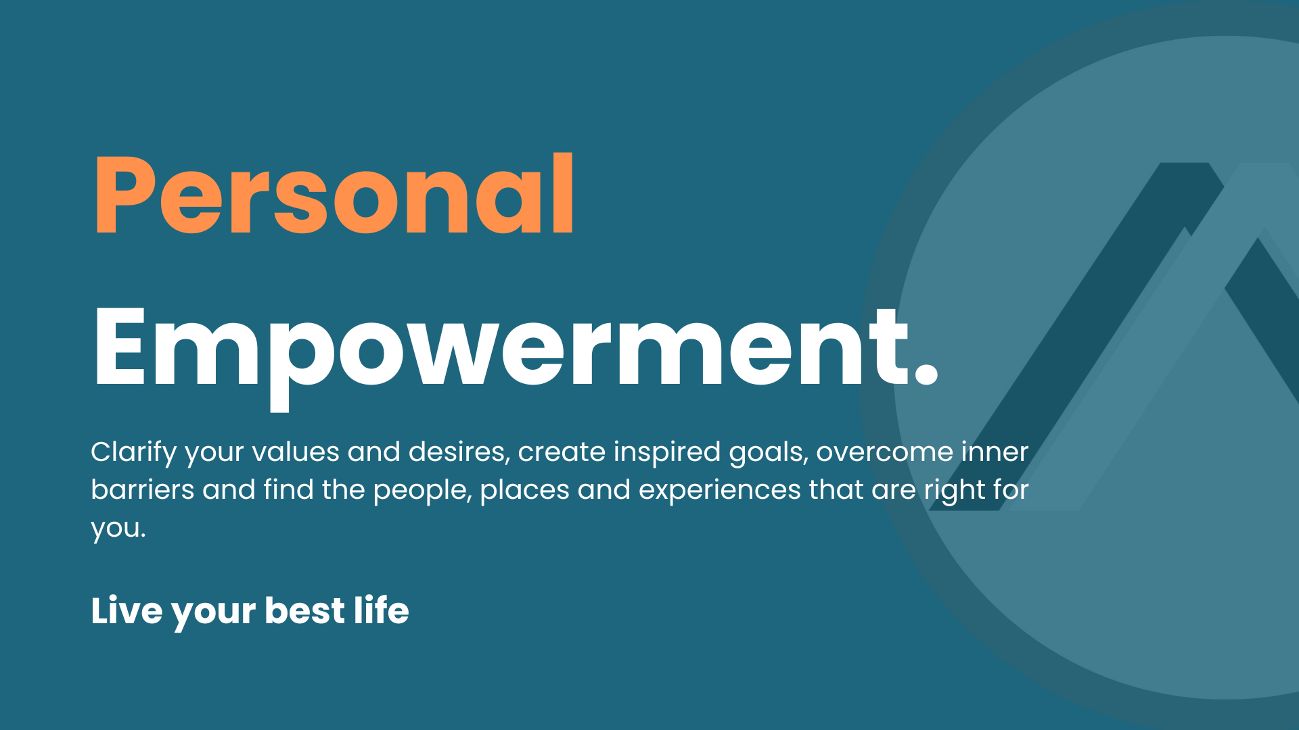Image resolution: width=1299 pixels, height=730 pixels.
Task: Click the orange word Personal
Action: click(334, 194)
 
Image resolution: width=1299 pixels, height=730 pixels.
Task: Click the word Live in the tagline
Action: click(127, 610)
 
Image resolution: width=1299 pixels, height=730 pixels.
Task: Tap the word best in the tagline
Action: click(305, 610)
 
